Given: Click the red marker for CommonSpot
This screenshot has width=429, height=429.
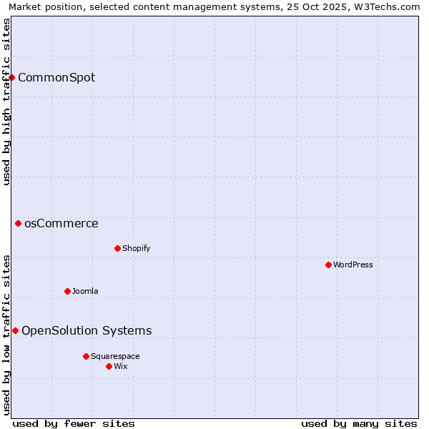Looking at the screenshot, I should click(x=12, y=77).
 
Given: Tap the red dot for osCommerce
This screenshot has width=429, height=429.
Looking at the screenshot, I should click(x=19, y=224).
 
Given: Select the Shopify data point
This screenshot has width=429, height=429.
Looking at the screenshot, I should click(x=117, y=248).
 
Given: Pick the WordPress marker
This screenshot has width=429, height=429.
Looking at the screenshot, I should click(x=328, y=265).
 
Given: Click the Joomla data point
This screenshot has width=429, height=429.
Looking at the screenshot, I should click(x=67, y=291).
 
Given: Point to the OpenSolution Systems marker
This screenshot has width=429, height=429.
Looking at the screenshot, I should click(x=15, y=330).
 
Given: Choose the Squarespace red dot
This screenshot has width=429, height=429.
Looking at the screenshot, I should click(x=86, y=356).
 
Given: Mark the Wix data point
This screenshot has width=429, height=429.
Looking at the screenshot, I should click(x=109, y=366).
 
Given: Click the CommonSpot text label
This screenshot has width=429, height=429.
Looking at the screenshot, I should click(x=56, y=77).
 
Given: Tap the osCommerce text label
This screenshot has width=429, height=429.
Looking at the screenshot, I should click(x=61, y=224).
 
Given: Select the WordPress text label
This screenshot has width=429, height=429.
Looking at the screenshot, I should click(x=353, y=265).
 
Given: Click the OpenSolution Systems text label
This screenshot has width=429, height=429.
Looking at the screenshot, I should click(x=87, y=330).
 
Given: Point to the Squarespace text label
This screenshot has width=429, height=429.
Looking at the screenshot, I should click(x=115, y=356).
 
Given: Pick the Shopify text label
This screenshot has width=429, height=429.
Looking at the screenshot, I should click(x=136, y=248).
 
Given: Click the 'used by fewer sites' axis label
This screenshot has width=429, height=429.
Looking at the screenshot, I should click(x=74, y=423).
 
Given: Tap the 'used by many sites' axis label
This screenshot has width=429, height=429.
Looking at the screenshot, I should click(x=359, y=423).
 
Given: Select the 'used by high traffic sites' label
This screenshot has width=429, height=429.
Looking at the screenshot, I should click(x=6, y=102).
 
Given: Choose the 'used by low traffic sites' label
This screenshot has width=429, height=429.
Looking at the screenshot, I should click(x=6, y=335).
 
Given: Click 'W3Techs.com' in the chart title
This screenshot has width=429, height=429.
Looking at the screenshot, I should click(x=388, y=6).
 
